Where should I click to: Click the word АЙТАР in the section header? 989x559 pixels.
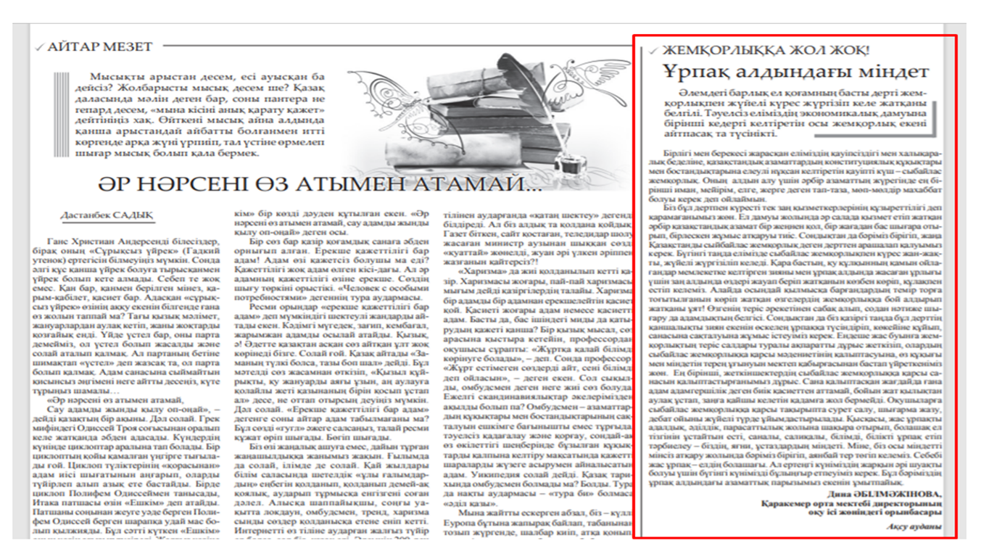click(71, 47)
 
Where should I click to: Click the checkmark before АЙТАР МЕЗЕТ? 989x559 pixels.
click(40, 48)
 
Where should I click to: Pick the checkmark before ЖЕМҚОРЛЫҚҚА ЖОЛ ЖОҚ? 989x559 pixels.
click(653, 51)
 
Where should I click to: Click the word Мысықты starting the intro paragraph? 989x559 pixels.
click(112, 76)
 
